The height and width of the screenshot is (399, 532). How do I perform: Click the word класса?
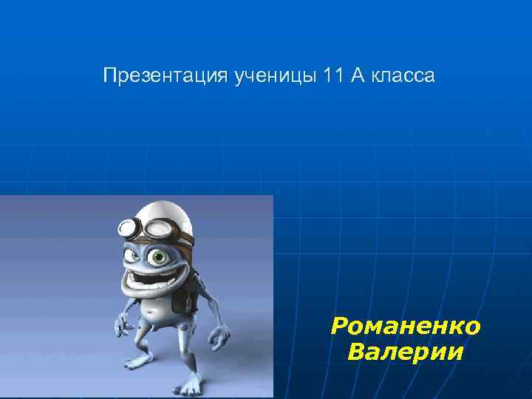tap(404, 75)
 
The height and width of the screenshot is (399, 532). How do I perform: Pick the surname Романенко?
tap(406, 326)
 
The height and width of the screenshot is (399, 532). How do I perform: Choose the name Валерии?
tap(406, 351)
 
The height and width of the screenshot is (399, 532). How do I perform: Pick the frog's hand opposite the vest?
tap(121, 324)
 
